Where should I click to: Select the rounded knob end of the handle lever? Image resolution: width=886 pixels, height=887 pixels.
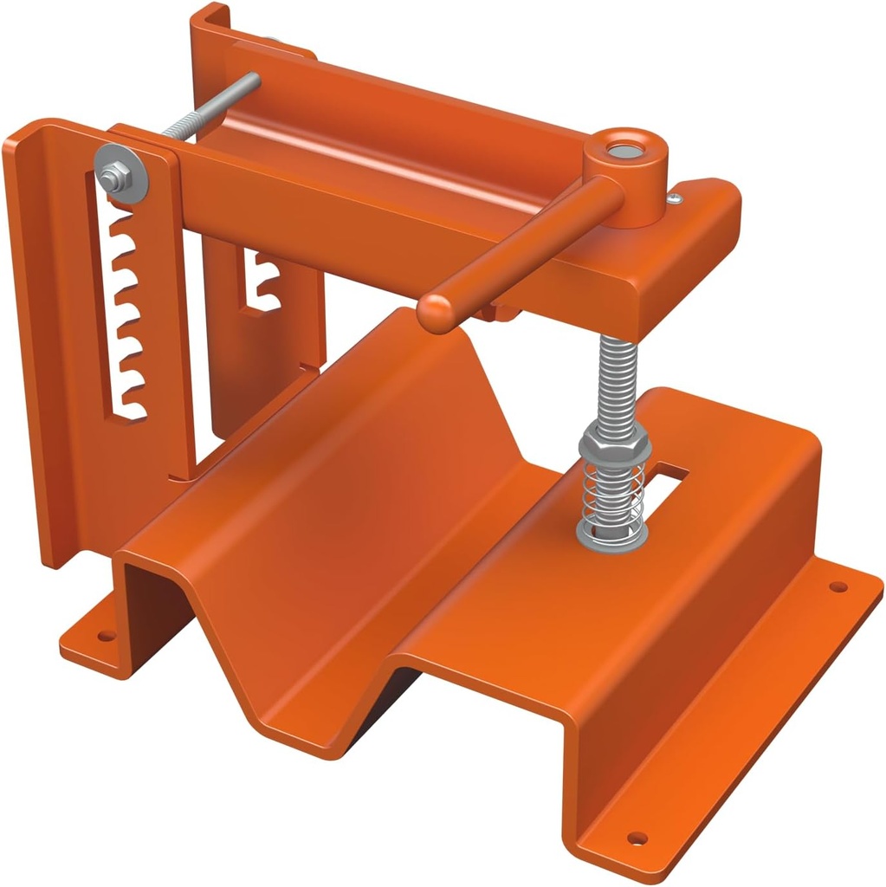436,311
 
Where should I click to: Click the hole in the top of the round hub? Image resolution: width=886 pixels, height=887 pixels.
621,150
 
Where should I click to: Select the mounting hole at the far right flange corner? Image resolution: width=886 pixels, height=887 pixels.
837,586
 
